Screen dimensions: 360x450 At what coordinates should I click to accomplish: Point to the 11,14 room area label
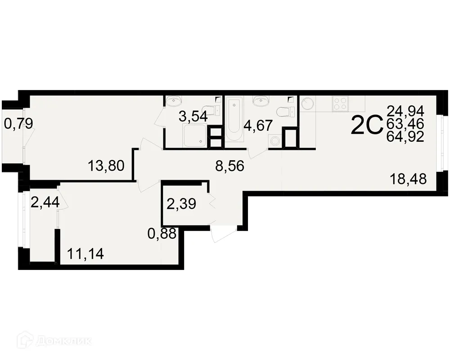[85, 254]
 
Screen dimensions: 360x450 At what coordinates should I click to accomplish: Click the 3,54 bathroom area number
[193, 117]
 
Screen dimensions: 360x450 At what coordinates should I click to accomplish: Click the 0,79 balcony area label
[18, 123]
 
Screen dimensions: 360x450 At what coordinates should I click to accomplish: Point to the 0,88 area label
[162, 234]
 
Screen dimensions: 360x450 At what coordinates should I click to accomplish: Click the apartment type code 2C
[366, 126]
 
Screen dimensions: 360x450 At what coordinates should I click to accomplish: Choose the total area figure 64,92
[405, 137]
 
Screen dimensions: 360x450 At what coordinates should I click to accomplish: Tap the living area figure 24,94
[405, 110]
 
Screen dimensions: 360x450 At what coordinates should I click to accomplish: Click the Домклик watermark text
[63, 341]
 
